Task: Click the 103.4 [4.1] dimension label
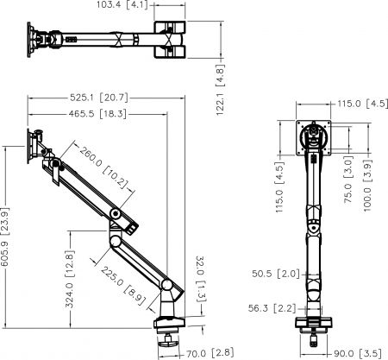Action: pyautogui.click(x=122, y=5)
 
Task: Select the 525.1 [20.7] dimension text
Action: pyautogui.click(x=99, y=98)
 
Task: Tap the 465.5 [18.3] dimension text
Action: pyautogui.click(x=97, y=114)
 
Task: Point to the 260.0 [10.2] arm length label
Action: pyautogui.click(x=103, y=167)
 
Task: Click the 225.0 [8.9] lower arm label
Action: pyautogui.click(x=123, y=285)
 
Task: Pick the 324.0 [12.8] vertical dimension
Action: pyautogui.click(x=70, y=279)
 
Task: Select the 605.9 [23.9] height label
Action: pyautogui.click(x=5, y=237)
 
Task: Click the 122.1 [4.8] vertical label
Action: pyautogui.click(x=220, y=90)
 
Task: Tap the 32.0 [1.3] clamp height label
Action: pyautogui.click(x=201, y=279)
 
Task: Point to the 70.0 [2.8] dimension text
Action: pyautogui.click(x=210, y=353)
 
